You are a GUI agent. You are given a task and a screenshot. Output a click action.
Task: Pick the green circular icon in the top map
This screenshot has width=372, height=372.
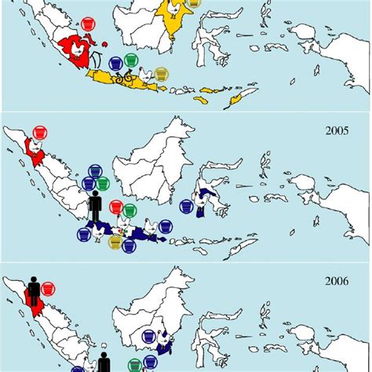[130, 60]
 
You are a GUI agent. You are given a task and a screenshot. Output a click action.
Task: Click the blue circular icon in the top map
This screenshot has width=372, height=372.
[116, 61]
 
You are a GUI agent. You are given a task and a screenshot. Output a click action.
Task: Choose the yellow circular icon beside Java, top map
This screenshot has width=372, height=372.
[161, 73]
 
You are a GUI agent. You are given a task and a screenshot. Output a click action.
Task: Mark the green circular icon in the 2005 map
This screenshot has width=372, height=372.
[115, 208]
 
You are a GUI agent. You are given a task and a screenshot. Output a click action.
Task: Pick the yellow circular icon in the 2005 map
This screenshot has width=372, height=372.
[115, 245]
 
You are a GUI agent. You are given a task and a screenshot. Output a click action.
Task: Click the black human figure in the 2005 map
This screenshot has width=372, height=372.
[95, 208]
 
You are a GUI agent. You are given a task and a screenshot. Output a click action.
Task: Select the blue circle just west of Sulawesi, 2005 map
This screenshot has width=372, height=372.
[186, 206]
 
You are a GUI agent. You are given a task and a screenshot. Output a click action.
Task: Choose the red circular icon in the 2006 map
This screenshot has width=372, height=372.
[49, 288]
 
